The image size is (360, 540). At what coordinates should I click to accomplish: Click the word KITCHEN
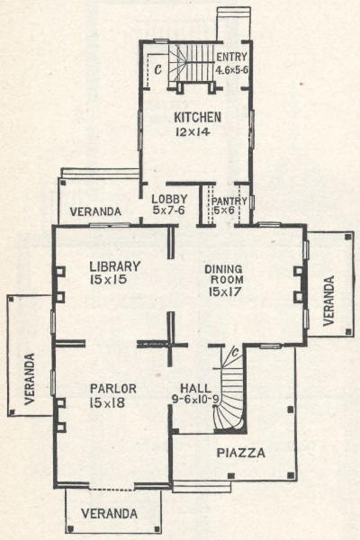[197, 117]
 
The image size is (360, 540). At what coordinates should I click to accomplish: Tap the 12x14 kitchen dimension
[193, 132]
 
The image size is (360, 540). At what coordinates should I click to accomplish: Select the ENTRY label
[232, 57]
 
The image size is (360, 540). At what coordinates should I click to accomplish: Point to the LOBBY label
[169, 199]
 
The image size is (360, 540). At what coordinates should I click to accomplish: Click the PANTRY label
[229, 201]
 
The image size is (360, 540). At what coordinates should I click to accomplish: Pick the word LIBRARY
[115, 266]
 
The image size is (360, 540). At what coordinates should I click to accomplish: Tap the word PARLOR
[113, 389]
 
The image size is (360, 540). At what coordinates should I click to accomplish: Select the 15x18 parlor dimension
[107, 403]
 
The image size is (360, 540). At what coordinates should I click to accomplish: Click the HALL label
[195, 389]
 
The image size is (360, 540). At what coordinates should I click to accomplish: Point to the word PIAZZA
[241, 453]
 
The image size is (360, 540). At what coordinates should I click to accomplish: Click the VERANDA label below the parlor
[109, 514]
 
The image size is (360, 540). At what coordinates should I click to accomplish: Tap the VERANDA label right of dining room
[329, 301]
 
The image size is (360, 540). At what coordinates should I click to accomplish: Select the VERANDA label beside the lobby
[95, 211]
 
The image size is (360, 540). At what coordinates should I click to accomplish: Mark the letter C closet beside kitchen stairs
[157, 70]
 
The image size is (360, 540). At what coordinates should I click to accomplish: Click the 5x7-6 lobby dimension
[169, 210]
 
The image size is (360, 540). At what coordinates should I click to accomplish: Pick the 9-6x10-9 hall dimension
[195, 399]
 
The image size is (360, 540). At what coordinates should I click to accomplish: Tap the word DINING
[223, 269]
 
